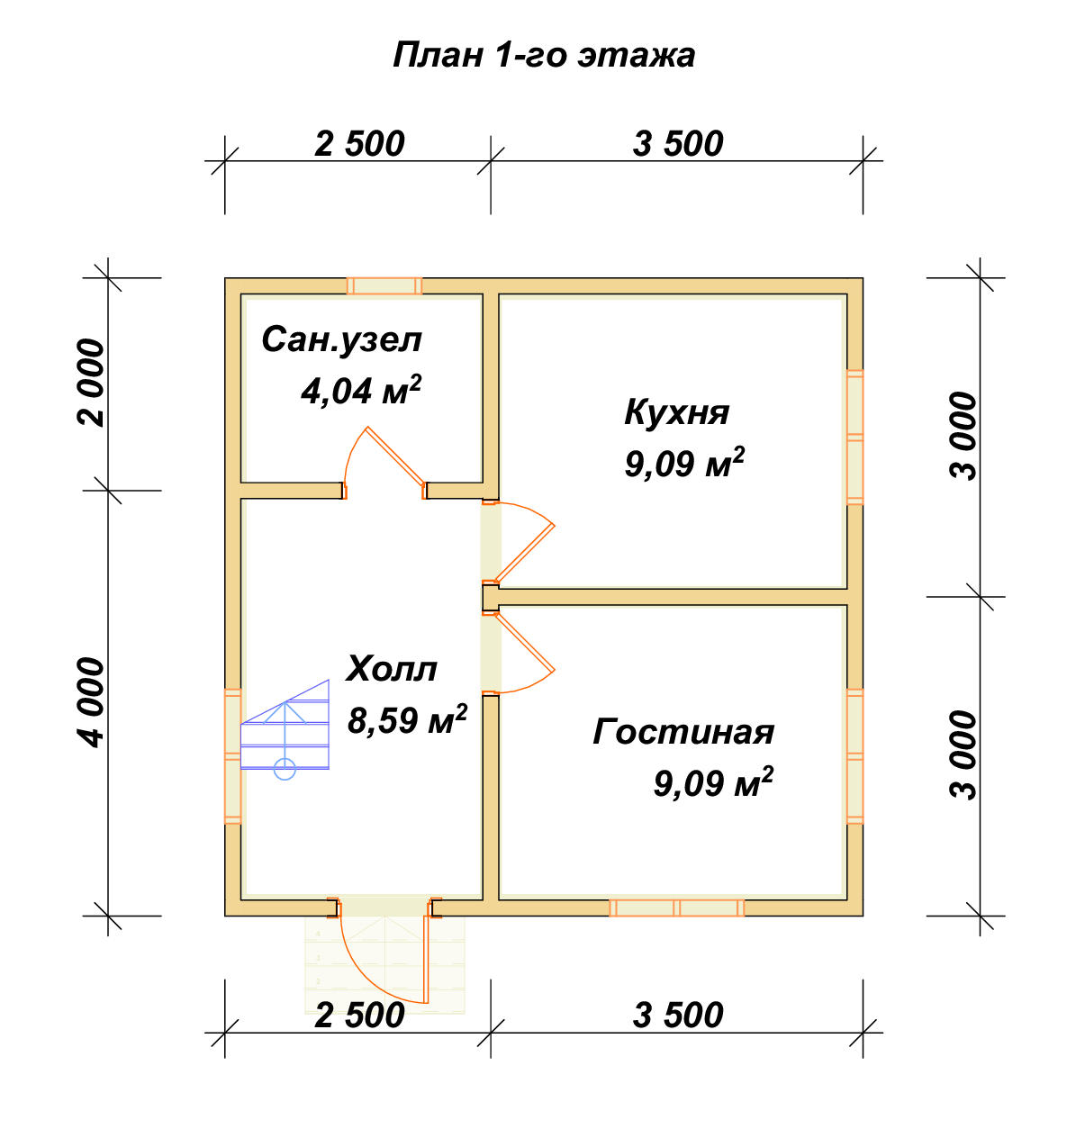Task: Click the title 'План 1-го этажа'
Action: [x=544, y=56]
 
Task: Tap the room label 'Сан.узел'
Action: [x=341, y=339]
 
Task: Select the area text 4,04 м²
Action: [x=361, y=390]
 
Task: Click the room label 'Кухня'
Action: [x=677, y=412]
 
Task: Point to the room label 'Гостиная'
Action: [x=683, y=731]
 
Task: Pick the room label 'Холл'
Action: [x=392, y=669]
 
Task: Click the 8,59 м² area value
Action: [x=407, y=719]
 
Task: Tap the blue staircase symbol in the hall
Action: [x=285, y=729]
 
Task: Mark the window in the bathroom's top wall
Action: [x=384, y=286]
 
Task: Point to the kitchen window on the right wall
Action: [x=855, y=437]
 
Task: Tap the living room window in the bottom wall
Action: [x=677, y=908]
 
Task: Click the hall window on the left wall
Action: [x=232, y=756]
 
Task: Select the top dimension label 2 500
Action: [x=359, y=144]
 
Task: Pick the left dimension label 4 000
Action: [x=91, y=702]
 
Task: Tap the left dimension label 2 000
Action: [x=91, y=384]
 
